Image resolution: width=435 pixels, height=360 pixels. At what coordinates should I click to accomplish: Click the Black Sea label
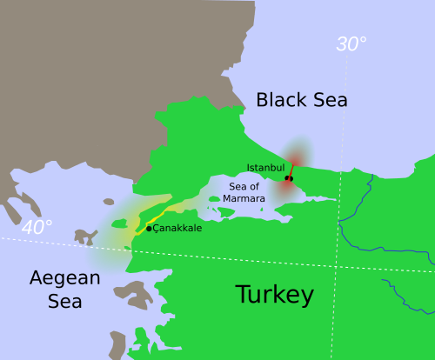click(301, 100)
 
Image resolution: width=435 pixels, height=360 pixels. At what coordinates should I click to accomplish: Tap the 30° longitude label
click(351, 44)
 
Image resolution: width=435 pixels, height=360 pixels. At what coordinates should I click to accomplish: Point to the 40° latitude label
click(37, 227)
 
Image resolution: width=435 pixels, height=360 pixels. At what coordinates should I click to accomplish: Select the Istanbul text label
click(265, 167)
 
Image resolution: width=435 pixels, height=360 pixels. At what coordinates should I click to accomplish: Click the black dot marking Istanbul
click(289, 179)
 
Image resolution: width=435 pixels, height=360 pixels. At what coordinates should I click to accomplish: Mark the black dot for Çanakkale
click(149, 229)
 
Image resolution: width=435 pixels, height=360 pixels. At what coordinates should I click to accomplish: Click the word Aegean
click(65, 278)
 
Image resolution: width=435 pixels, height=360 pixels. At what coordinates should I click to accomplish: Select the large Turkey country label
click(274, 295)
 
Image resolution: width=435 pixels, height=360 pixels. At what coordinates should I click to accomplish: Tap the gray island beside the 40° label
click(84, 236)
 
